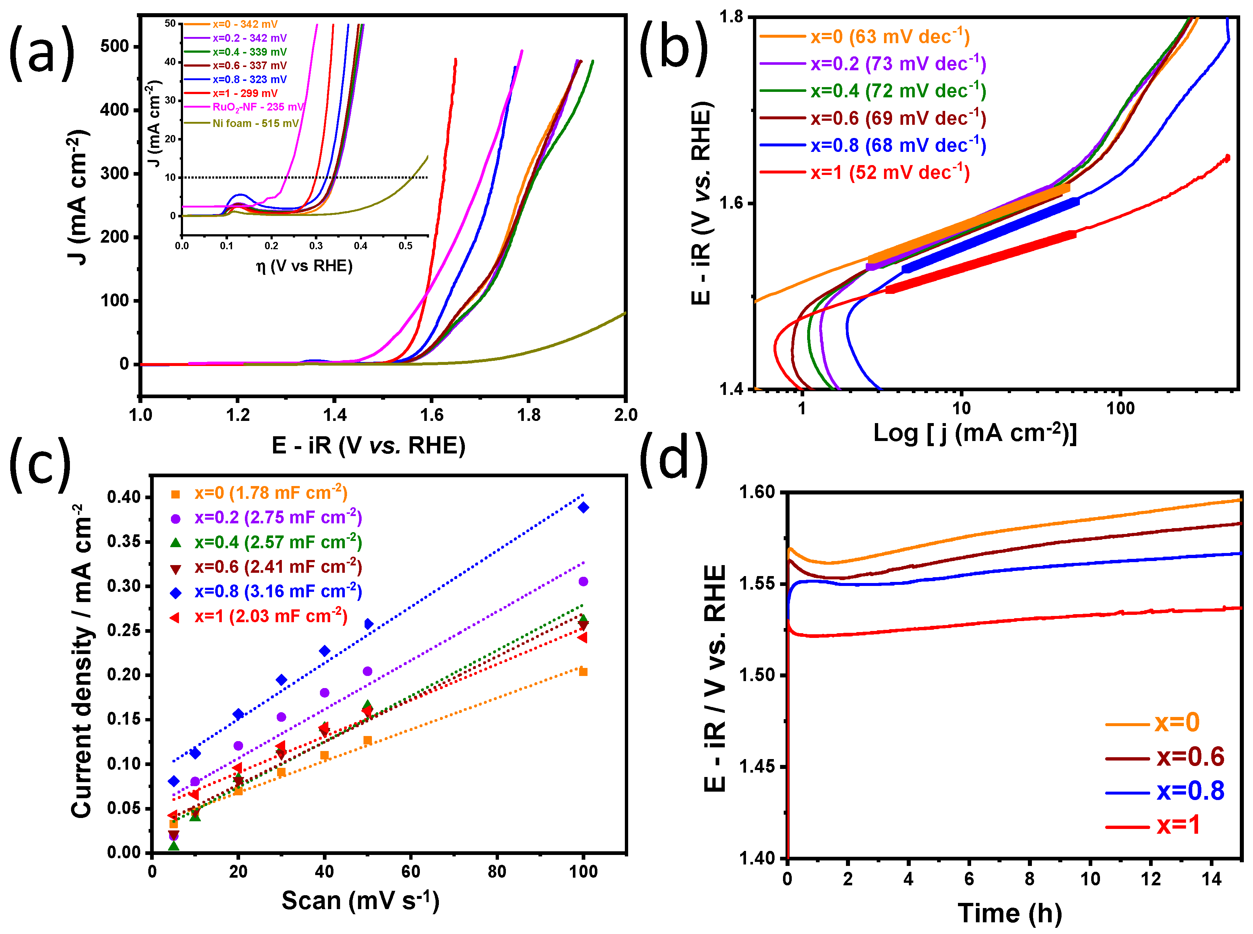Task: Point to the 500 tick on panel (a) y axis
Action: (x=115, y=46)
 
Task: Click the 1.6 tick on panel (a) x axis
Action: (x=432, y=415)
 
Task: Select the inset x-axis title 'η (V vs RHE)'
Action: (x=304, y=266)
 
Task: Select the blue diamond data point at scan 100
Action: (x=583, y=507)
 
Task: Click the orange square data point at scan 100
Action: (x=583, y=672)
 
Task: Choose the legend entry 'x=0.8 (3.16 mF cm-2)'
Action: (x=277, y=591)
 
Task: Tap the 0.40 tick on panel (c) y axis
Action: (x=124, y=497)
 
